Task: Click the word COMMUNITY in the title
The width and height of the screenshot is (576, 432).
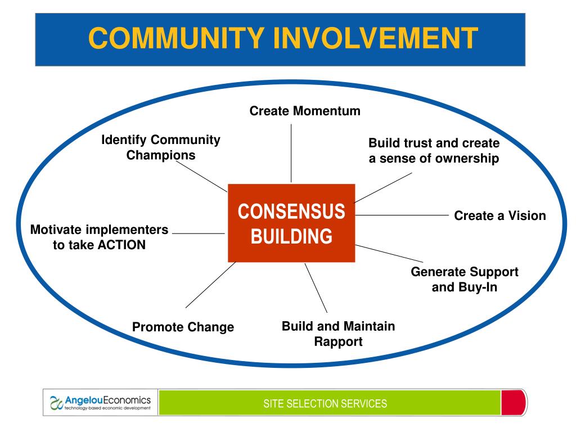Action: click(176, 38)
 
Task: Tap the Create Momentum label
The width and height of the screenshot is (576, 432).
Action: click(305, 111)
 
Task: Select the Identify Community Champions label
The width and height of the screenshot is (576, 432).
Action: click(161, 147)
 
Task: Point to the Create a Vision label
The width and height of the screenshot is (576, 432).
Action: click(500, 215)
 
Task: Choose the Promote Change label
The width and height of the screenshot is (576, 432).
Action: click(183, 327)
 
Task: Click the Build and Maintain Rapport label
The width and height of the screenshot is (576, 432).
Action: click(338, 334)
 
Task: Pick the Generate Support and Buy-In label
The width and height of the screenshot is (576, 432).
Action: click(465, 280)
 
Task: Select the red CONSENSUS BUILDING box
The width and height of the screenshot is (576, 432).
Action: click(291, 223)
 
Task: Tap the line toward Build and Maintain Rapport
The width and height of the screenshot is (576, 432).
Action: click(316, 287)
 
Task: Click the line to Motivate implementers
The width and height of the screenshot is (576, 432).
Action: click(198, 233)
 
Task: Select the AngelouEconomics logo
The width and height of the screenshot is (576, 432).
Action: click(101, 403)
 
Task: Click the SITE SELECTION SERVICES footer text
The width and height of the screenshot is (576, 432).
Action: click(326, 403)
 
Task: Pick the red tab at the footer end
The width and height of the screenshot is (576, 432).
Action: click(514, 403)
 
